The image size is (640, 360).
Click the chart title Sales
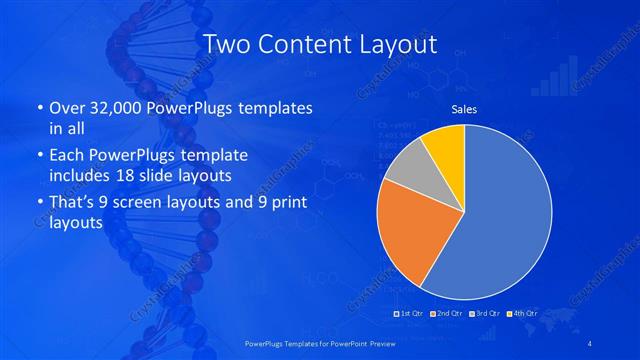(x=464, y=108)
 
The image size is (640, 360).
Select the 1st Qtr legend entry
(x=409, y=313)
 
